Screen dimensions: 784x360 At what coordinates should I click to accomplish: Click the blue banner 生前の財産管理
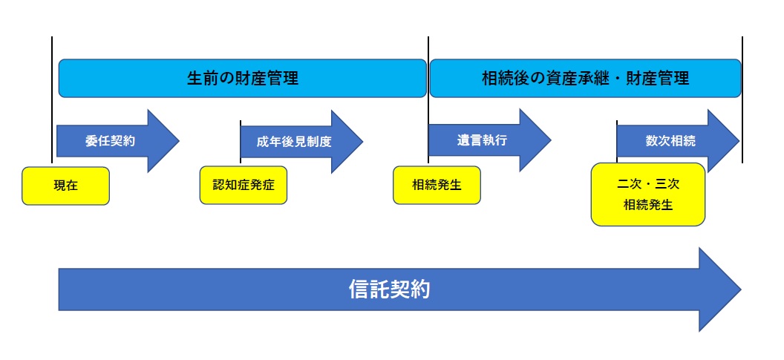[243, 78]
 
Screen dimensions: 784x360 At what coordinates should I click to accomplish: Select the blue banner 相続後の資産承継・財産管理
[585, 78]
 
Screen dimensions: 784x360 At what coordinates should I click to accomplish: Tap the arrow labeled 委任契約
[117, 141]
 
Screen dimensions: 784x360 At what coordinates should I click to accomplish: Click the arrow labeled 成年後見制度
[301, 142]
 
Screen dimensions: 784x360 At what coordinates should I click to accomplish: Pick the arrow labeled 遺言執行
[489, 140]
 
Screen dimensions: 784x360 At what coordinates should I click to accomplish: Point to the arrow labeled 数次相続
[678, 141]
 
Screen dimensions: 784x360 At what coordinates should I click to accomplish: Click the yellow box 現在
[65, 186]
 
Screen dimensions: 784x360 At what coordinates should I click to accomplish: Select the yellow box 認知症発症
[244, 185]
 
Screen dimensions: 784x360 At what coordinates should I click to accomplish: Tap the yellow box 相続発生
[437, 185]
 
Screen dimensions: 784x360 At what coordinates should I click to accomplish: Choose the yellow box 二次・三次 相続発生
[648, 194]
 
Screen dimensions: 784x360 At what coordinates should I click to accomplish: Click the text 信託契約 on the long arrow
[390, 289]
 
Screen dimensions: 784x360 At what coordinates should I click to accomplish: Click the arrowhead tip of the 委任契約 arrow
[179, 141]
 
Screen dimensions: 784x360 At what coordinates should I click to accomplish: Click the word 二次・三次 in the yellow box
[648, 185]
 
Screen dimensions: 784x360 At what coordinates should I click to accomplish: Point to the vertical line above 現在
[52, 99]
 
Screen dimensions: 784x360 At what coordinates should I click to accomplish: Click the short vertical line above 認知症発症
[241, 142]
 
